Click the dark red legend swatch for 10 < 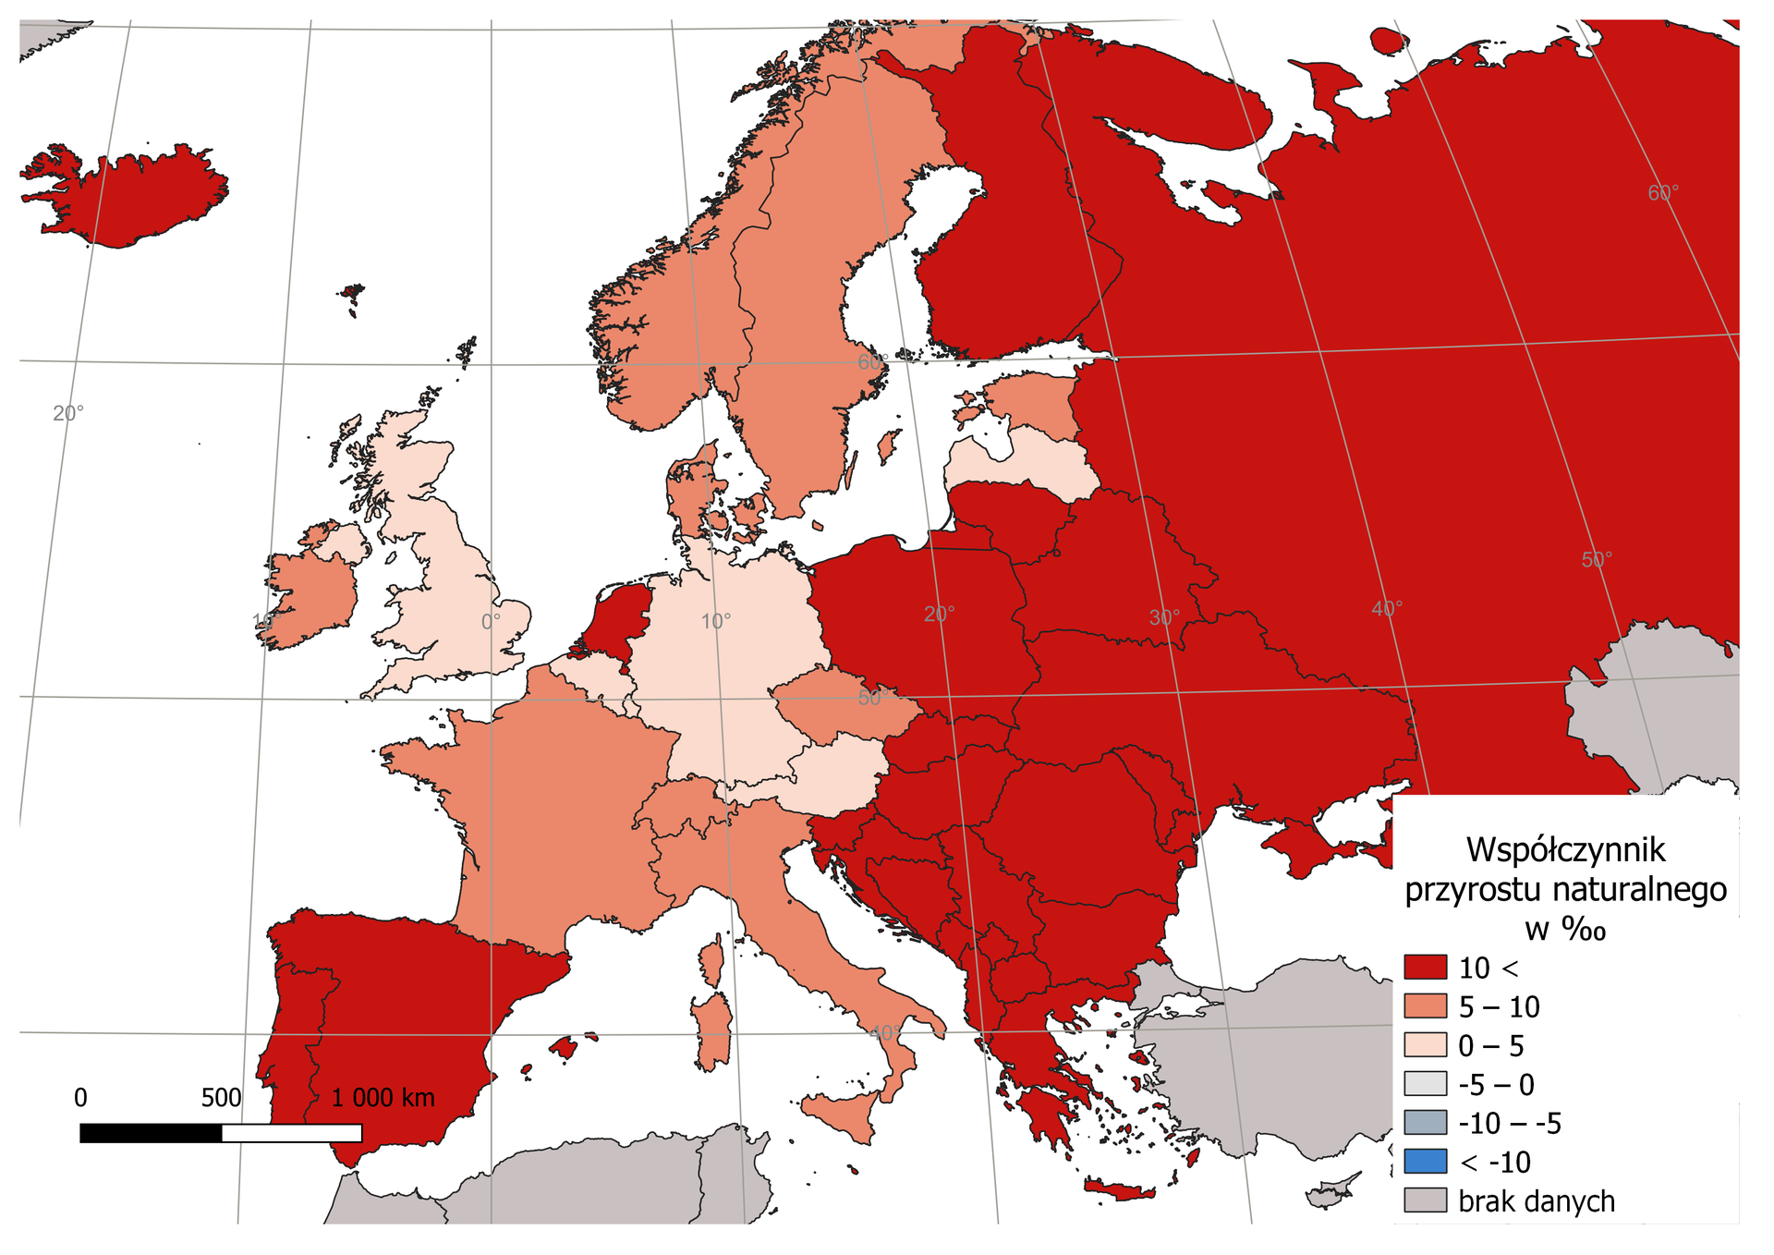1425,968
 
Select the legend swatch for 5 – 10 1425,1006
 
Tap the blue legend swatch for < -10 1425,1162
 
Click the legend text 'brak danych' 1537,1201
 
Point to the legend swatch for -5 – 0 1425,1084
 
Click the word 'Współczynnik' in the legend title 1565,849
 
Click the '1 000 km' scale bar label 383,1098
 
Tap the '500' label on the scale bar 221,1098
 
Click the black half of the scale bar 151,1133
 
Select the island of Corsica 711,961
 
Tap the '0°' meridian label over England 491,622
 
